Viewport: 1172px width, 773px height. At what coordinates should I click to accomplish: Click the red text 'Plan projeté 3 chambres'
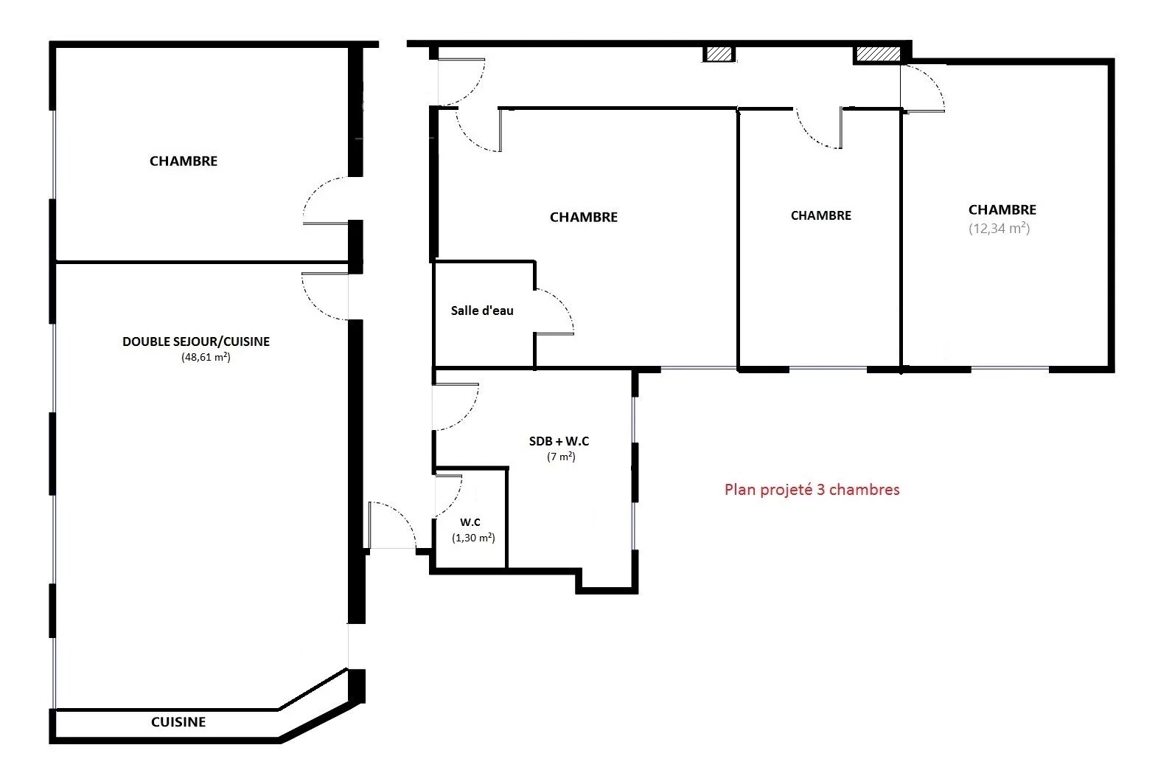click(x=812, y=490)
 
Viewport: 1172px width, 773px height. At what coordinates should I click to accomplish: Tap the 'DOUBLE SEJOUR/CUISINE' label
click(x=196, y=342)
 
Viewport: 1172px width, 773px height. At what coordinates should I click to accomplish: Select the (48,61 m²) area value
click(x=206, y=357)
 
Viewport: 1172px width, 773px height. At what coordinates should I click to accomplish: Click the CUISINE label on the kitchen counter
click(x=178, y=721)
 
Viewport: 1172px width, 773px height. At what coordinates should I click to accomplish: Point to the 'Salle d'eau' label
click(x=482, y=311)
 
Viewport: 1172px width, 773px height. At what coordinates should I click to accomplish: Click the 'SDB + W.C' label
click(x=559, y=441)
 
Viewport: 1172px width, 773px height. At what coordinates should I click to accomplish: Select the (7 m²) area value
click(x=561, y=457)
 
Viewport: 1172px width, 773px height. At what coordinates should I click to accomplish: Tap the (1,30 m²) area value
click(x=473, y=537)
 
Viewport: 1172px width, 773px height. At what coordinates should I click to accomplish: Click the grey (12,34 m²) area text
click(x=999, y=229)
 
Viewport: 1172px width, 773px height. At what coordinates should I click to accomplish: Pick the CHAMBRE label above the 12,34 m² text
click(x=1002, y=209)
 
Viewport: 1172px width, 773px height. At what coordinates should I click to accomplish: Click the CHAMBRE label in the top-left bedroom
click(x=183, y=161)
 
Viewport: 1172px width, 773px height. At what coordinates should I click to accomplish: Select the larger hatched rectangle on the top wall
click(x=879, y=54)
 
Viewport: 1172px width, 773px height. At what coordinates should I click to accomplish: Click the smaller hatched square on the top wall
click(x=719, y=54)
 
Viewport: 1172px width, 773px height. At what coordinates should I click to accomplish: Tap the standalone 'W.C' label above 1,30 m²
click(x=470, y=522)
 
